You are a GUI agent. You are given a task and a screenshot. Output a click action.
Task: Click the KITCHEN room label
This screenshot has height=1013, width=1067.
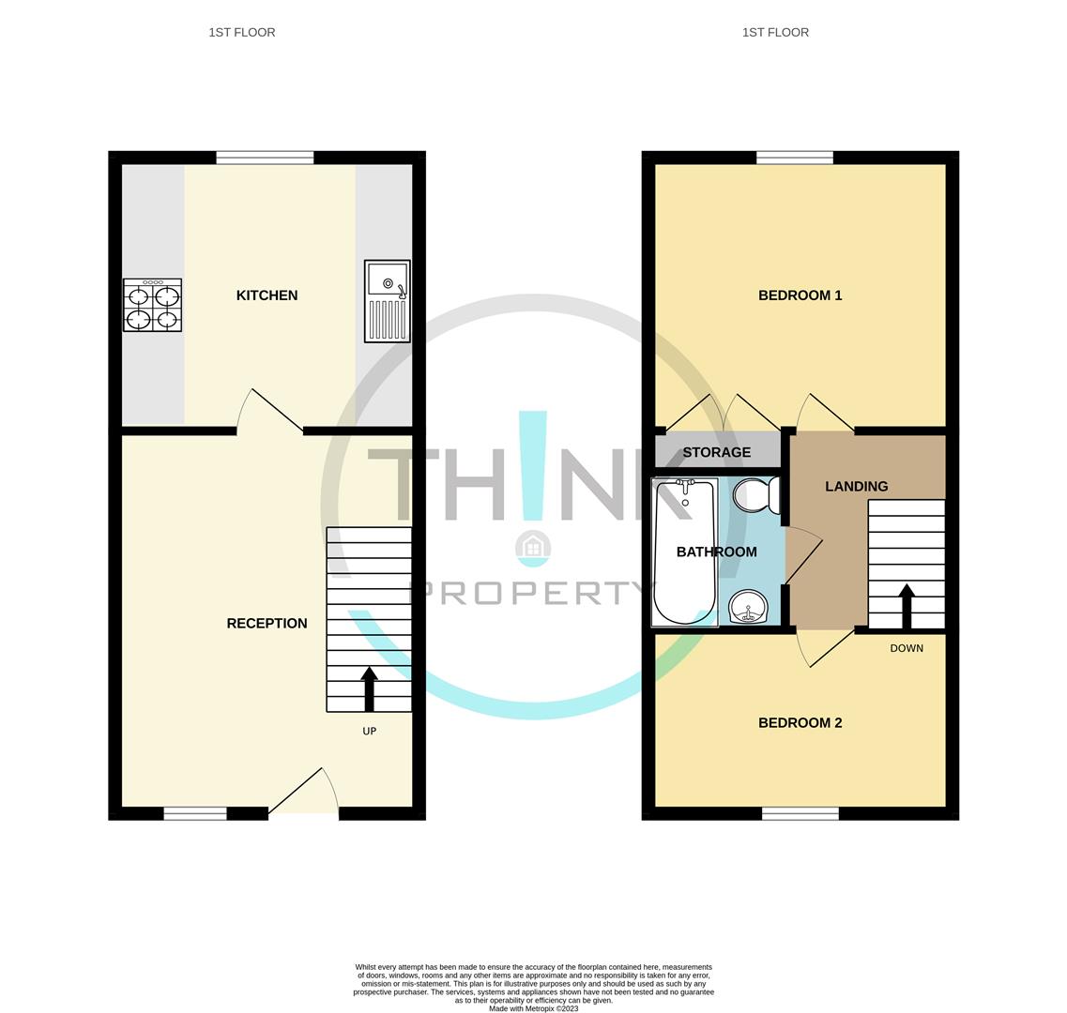[x=267, y=295]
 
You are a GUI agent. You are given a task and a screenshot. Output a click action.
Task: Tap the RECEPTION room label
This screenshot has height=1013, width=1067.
[x=267, y=624]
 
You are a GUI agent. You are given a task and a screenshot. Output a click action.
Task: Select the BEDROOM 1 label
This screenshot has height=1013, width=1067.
[x=800, y=295]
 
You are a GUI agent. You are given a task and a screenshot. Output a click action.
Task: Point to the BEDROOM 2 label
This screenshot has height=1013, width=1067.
[x=800, y=723]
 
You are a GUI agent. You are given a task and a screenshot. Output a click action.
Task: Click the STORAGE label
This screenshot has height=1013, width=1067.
[x=716, y=452]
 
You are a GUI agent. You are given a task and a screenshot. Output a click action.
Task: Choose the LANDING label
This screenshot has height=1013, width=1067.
[x=856, y=487]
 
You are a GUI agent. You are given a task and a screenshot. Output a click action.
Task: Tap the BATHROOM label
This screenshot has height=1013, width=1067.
[x=716, y=552]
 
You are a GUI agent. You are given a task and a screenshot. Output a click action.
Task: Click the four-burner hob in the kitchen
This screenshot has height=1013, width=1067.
[x=152, y=306]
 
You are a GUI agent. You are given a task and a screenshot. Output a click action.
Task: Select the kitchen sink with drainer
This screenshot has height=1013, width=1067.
[x=388, y=301]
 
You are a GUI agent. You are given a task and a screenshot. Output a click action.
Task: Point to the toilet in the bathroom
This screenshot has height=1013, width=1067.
[x=755, y=494]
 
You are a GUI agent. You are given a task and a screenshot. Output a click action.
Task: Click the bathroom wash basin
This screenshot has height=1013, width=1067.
[x=749, y=607]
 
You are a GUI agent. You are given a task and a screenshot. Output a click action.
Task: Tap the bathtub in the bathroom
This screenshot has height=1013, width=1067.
[x=684, y=552]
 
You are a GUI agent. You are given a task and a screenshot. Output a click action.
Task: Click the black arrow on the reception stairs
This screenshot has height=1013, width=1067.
[x=369, y=688]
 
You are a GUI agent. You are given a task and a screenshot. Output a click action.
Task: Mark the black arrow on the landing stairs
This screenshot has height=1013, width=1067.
[x=907, y=606]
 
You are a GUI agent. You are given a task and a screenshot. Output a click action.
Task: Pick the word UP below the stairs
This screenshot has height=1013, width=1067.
[x=369, y=732]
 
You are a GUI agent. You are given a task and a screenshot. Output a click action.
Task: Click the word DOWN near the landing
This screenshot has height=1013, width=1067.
[x=907, y=649]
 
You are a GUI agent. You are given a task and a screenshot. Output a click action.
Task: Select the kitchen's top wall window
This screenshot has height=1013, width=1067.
[x=265, y=158]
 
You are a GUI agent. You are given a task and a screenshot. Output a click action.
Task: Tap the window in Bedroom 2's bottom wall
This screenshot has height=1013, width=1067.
[x=800, y=813]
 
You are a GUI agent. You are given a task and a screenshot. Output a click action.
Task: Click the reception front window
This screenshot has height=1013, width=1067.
[x=195, y=813]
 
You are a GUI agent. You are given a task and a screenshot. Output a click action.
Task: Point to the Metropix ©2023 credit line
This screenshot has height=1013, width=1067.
[x=533, y=1009]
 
